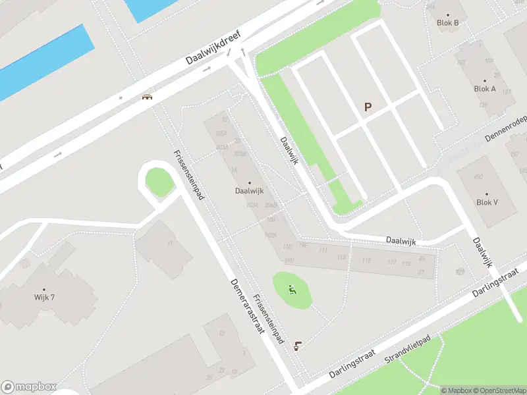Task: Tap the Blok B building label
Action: point(448,22)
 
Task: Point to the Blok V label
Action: point(487,202)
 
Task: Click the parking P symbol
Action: point(368,107)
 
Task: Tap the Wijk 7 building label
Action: point(44,297)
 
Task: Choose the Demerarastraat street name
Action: point(247,305)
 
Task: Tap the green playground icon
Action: point(292,290)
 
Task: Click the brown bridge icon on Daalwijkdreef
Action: point(148,97)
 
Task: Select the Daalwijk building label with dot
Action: point(249,191)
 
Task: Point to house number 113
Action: point(341,257)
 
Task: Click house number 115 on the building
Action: point(366,261)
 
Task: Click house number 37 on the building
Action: point(420,272)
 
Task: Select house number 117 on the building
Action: point(391,263)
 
